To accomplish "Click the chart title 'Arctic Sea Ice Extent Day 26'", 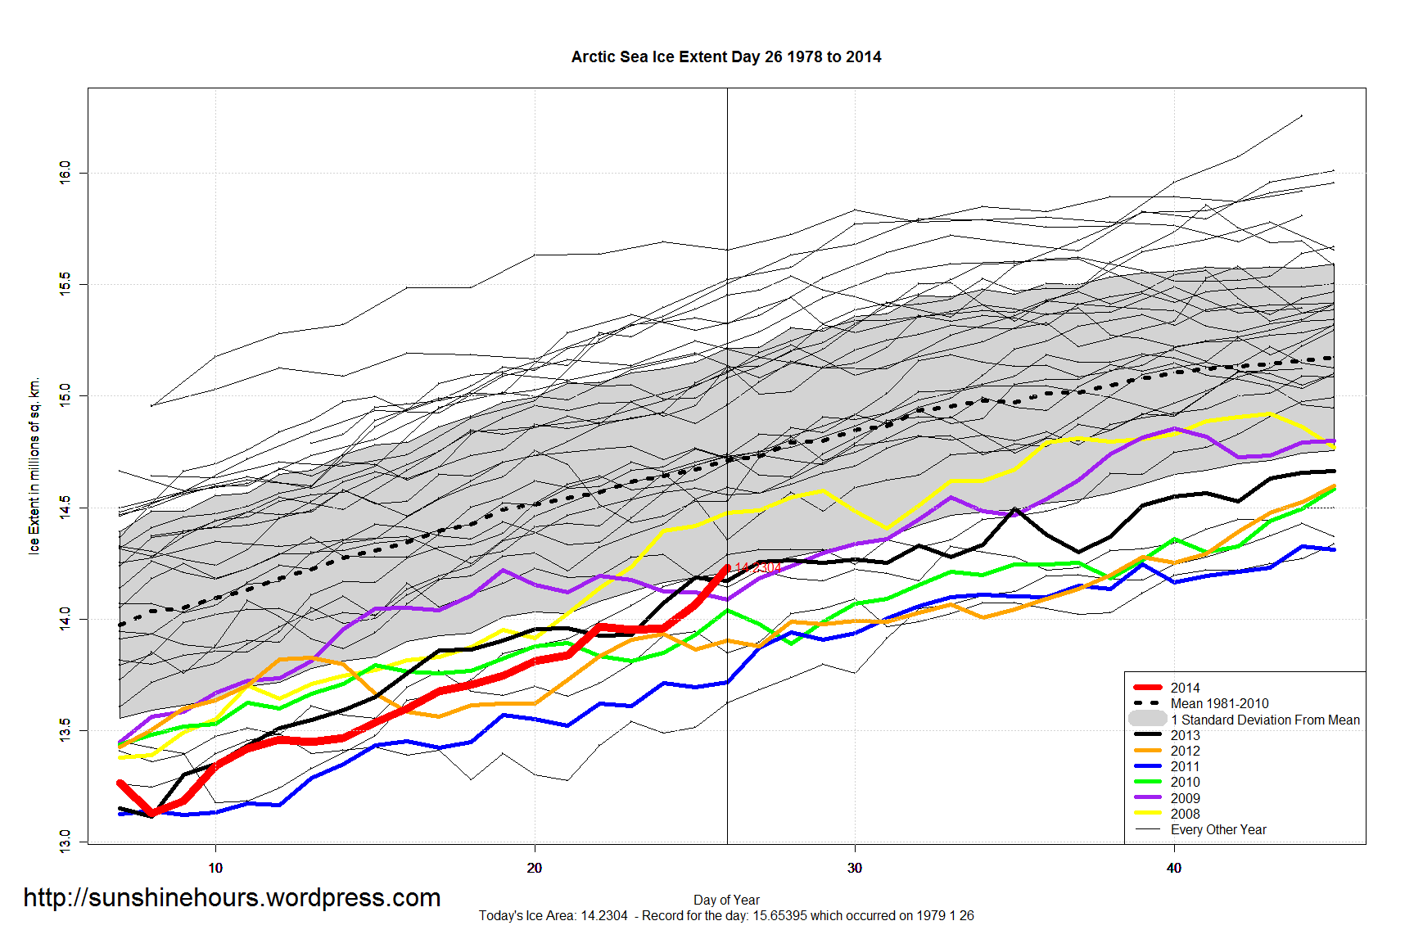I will [725, 57].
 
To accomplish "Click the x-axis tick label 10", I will [215, 868].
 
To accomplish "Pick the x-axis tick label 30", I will [854, 868].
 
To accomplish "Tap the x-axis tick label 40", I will [1173, 868].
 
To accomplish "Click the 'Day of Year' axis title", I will [726, 900].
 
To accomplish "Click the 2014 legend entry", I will [1184, 688].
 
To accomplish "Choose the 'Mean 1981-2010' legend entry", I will [1218, 703].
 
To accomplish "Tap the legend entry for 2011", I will [1184, 766].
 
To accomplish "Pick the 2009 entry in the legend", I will [1184, 798].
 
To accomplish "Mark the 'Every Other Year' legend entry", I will [1217, 829].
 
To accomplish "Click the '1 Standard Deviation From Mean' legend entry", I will [1264, 720].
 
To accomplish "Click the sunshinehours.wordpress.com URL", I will [232, 898].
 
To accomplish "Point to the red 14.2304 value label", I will [757, 568].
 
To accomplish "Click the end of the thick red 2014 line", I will [726, 567].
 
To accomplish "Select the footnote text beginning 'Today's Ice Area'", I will [726, 915].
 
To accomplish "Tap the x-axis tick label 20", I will [535, 868].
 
